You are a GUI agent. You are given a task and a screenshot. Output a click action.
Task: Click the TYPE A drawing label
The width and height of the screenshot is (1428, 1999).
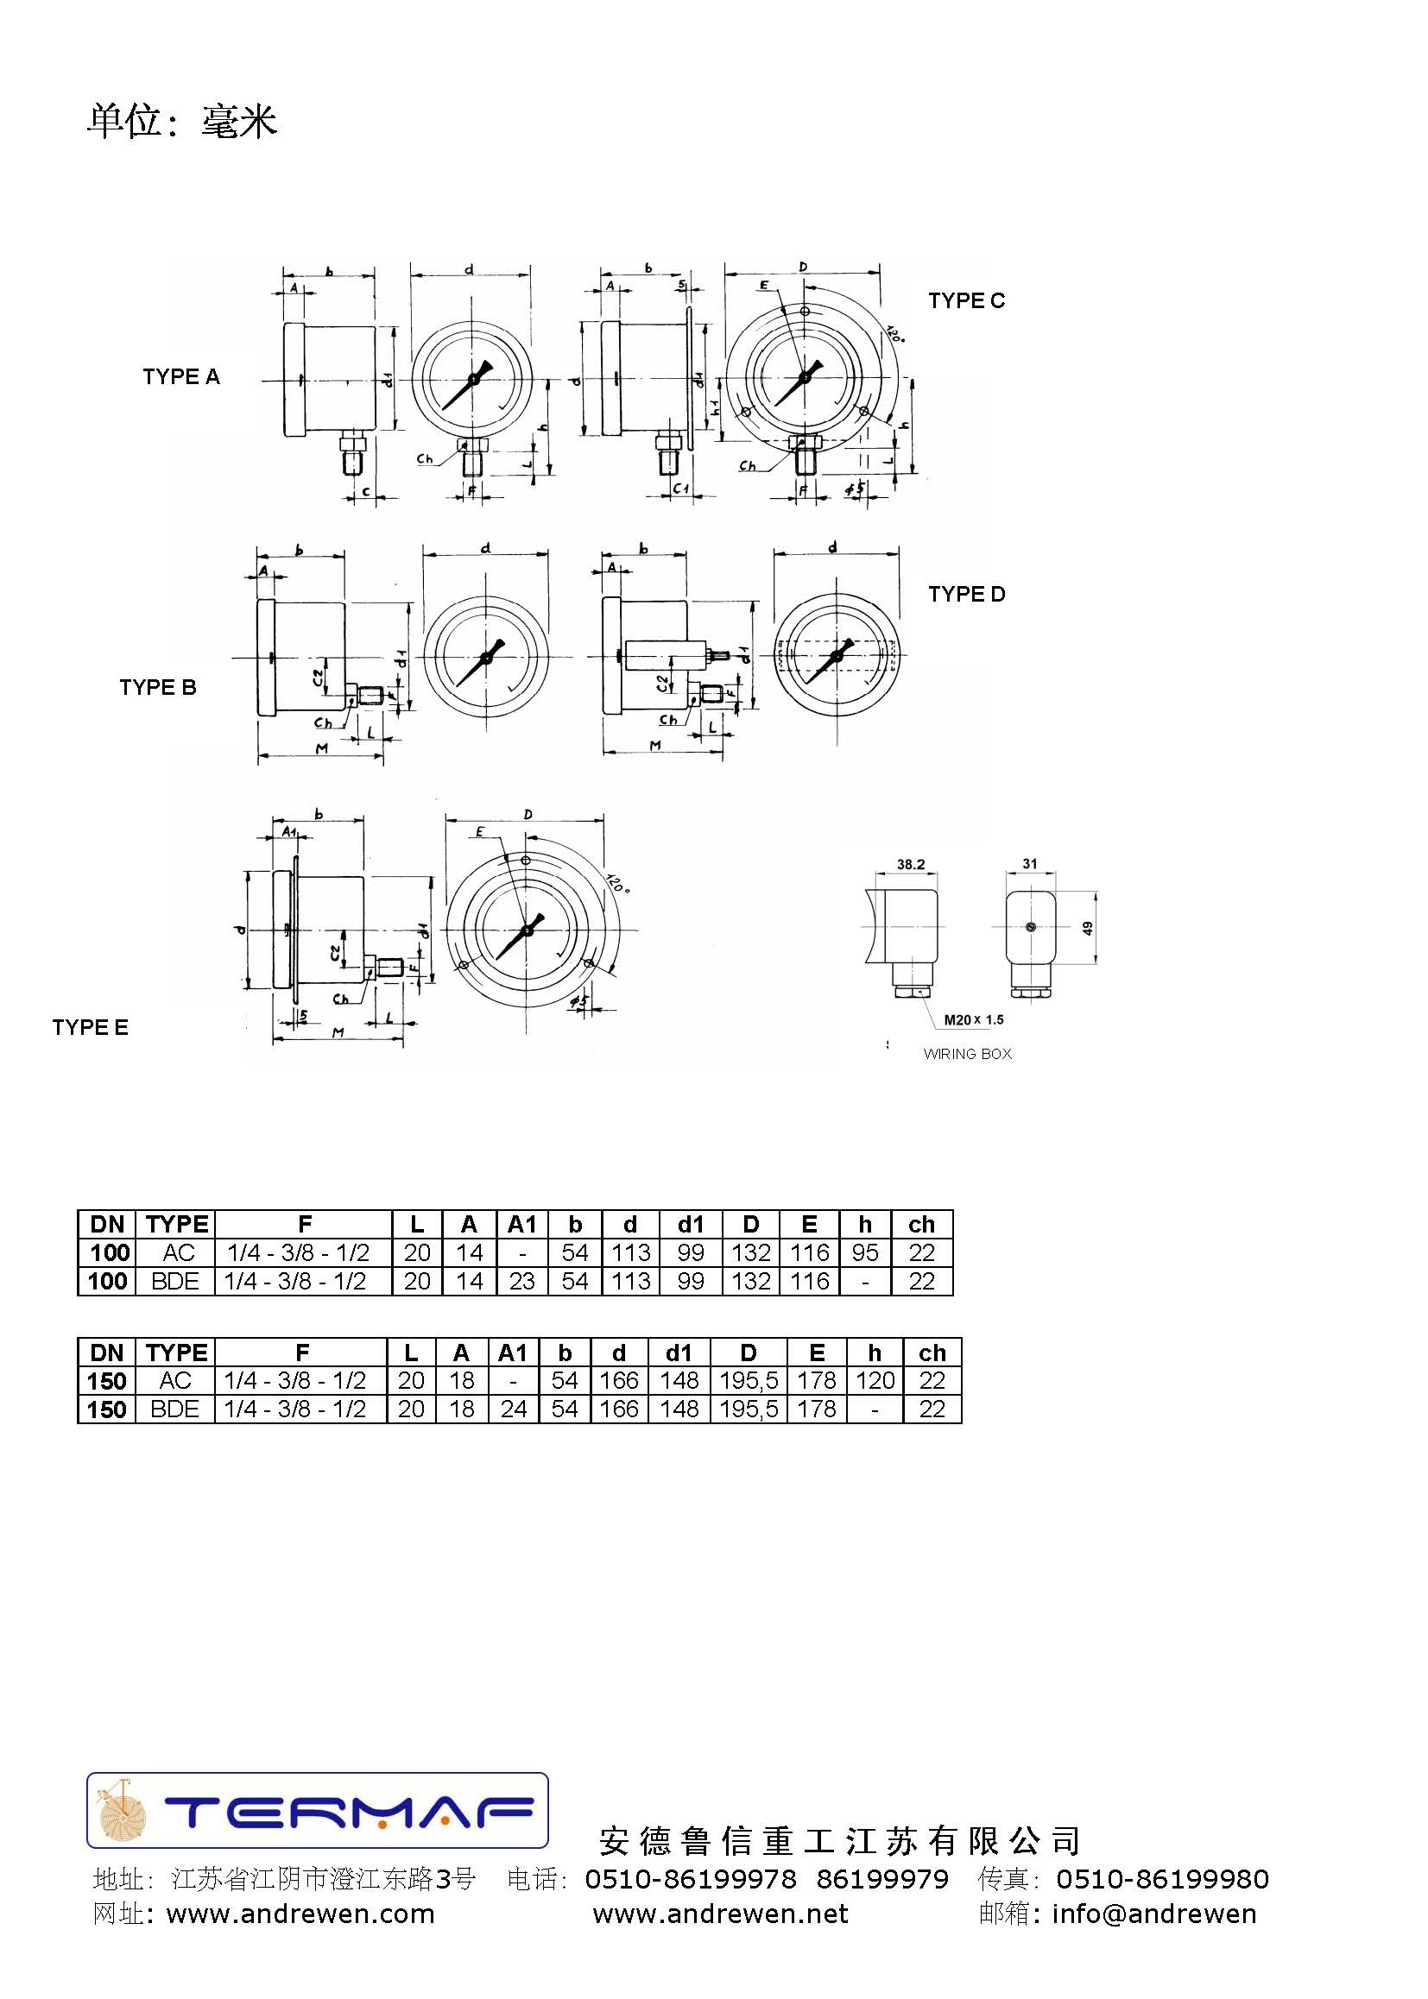(x=181, y=377)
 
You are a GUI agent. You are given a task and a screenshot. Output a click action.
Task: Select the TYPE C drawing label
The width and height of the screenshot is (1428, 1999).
(x=965, y=300)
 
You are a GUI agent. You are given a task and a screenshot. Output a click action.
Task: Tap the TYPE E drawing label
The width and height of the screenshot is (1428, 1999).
(x=90, y=1028)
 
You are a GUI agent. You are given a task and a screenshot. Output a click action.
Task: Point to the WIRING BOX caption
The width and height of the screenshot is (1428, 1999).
(x=967, y=1054)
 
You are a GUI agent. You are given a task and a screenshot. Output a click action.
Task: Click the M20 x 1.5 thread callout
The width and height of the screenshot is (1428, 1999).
(x=973, y=1019)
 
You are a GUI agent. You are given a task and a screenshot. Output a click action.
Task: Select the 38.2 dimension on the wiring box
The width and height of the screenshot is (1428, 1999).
(x=910, y=865)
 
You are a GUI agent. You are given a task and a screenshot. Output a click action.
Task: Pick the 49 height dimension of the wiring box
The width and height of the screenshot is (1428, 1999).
(x=1088, y=929)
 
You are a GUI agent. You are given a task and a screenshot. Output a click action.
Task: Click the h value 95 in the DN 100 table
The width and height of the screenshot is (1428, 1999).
(x=864, y=1252)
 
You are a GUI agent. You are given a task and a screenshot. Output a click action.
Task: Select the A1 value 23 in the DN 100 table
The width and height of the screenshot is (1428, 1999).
(x=521, y=1282)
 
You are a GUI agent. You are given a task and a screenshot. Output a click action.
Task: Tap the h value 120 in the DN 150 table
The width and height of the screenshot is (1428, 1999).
(x=874, y=1381)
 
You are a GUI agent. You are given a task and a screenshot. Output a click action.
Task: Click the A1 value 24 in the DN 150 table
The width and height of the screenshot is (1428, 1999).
(x=513, y=1409)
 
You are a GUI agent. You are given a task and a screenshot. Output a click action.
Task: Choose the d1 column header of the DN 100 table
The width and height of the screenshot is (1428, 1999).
(x=691, y=1225)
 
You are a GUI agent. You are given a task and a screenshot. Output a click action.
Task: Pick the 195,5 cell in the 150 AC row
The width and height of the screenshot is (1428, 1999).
(x=749, y=1381)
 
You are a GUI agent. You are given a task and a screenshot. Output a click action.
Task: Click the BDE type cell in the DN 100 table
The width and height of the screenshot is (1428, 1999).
(x=175, y=1282)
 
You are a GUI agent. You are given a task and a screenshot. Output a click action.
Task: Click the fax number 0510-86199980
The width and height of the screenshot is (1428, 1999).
(x=1161, y=1879)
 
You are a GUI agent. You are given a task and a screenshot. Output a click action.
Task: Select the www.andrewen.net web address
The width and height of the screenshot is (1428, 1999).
(x=720, y=1914)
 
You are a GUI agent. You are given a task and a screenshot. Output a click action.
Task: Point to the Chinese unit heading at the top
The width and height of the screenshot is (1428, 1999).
(x=182, y=121)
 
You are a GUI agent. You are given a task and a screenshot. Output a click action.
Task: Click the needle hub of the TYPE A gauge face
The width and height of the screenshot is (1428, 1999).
(x=473, y=379)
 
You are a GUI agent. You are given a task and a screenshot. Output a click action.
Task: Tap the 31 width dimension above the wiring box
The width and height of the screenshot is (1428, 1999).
(x=1030, y=864)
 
